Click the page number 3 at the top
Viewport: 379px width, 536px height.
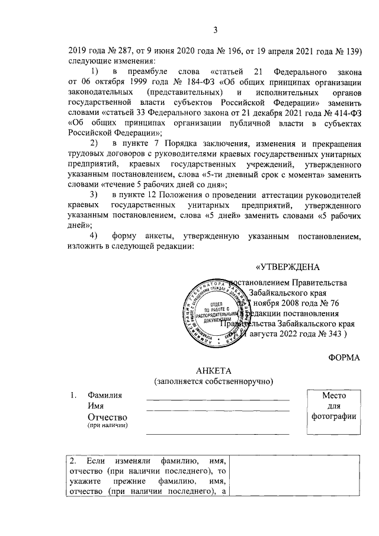point(216,31)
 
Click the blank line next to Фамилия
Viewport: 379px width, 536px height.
point(218,400)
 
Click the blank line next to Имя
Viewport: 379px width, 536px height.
point(218,410)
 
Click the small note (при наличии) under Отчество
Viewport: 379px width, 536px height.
point(107,425)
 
